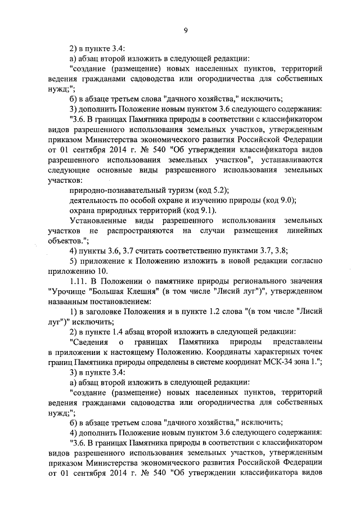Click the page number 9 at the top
click(x=184, y=31)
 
